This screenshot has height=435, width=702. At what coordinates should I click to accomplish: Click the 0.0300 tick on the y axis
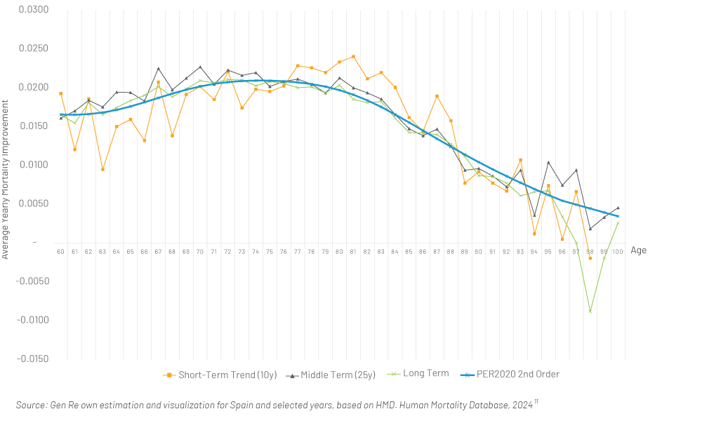point(34,10)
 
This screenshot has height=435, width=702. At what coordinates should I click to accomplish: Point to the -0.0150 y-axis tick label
point(32,359)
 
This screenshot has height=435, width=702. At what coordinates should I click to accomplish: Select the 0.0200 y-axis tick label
point(34,87)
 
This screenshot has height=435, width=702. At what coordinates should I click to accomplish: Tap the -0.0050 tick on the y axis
point(32,281)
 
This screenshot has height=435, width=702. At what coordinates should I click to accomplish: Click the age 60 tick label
point(60,251)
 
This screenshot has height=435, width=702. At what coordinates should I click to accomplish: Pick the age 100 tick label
point(618,251)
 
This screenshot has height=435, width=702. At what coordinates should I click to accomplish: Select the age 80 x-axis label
point(339,251)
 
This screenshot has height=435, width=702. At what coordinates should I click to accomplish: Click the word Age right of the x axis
point(638,250)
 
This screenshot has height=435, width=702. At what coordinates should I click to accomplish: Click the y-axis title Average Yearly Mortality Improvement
point(6,179)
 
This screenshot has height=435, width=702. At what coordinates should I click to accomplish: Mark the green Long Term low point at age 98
point(590,311)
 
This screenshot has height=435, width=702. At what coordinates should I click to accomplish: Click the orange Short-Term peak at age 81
point(353,57)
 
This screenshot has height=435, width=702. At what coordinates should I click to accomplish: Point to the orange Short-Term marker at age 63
point(102,170)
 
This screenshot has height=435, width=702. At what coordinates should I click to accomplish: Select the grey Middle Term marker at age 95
point(548,163)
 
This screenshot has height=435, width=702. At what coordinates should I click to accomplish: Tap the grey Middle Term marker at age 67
point(159,69)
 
